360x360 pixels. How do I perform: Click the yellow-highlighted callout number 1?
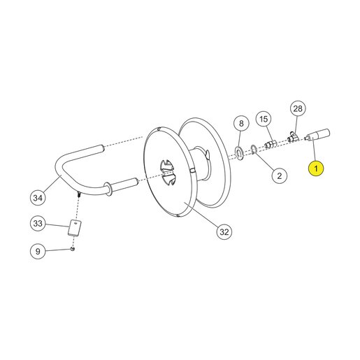(x=316, y=168)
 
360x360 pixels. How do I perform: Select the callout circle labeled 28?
(x=298, y=108)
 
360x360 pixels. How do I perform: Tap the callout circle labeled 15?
(x=264, y=120)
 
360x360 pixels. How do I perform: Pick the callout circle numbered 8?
(x=241, y=123)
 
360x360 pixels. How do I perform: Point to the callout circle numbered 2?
(x=280, y=175)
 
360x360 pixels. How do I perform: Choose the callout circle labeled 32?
(x=224, y=232)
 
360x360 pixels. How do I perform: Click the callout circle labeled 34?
(x=38, y=198)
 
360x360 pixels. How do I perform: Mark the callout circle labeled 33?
(x=38, y=224)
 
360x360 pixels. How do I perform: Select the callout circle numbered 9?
(x=38, y=251)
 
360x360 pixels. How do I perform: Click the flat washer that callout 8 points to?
(x=239, y=153)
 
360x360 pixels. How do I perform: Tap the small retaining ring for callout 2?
(x=254, y=150)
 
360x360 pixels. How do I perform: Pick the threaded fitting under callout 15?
(x=271, y=144)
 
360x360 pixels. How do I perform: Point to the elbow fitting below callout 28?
(x=293, y=137)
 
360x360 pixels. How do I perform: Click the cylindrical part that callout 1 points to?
(x=318, y=135)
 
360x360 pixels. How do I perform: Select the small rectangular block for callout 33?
(x=75, y=228)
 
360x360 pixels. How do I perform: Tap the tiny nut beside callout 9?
(x=73, y=250)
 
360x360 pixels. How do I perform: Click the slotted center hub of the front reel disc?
(x=168, y=173)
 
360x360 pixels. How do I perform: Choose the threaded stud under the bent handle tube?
(x=78, y=194)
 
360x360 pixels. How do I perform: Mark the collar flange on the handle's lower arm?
(x=109, y=189)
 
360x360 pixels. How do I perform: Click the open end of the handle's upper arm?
(x=102, y=148)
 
